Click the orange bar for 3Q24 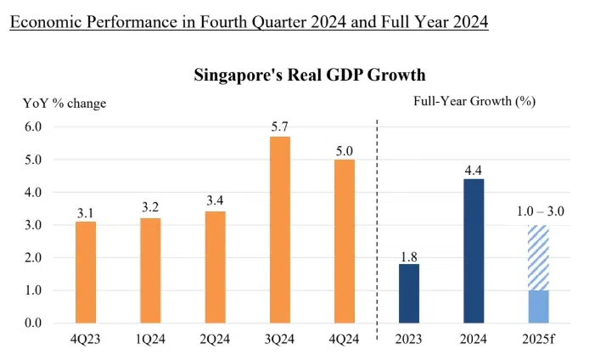279,229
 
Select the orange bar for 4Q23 86,272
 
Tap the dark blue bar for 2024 474,250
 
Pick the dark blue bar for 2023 409,293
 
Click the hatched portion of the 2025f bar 538,258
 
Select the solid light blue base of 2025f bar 538,307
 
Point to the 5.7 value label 279,126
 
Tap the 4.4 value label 474,168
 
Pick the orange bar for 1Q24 150,270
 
